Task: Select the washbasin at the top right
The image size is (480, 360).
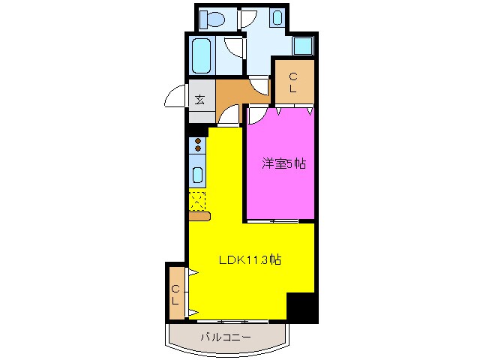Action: (x=277, y=18)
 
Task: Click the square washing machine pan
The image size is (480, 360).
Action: (x=303, y=46)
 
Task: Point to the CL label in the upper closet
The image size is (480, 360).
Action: (x=293, y=82)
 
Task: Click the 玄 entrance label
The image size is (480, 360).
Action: (x=200, y=98)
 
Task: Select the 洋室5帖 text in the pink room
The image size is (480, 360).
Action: (x=283, y=163)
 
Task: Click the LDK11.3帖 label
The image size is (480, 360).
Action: (x=250, y=261)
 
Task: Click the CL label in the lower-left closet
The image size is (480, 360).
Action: (x=175, y=295)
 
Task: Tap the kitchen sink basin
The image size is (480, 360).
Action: (x=198, y=175)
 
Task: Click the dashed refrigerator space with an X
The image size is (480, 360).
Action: (x=197, y=200)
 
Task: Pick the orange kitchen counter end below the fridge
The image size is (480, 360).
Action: (x=199, y=217)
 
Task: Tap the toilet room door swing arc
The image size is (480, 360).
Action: (x=250, y=18)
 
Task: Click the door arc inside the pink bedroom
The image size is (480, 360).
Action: (x=256, y=114)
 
